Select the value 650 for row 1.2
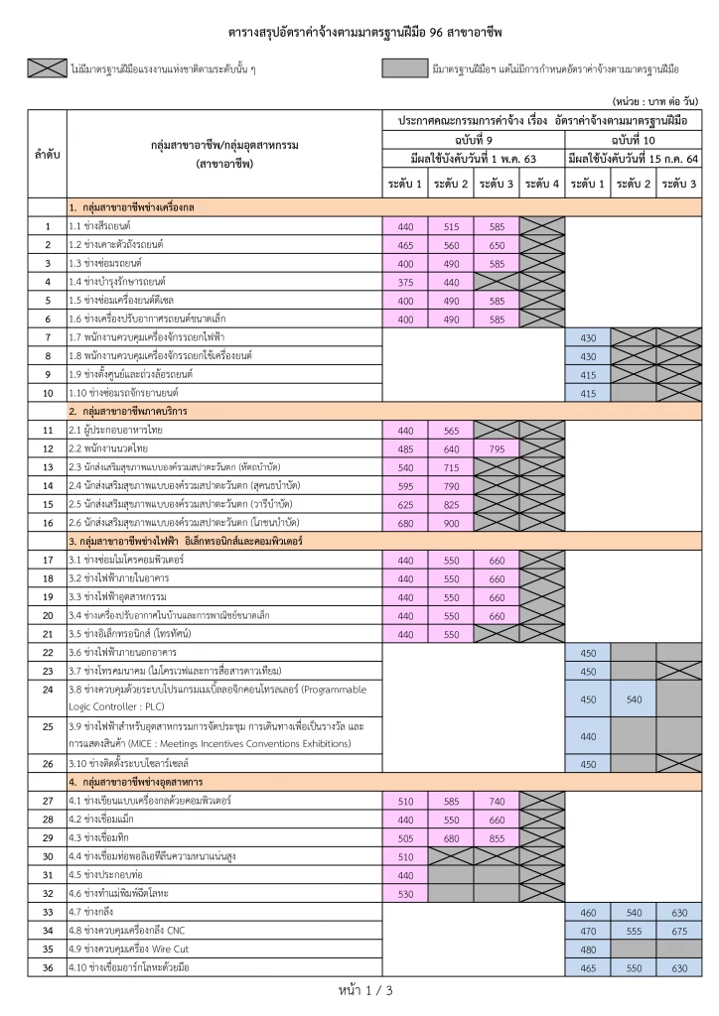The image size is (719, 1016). pyautogui.click(x=497, y=244)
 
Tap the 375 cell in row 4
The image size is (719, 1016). pyautogui.click(x=405, y=282)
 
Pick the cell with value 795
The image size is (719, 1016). pyautogui.click(x=497, y=448)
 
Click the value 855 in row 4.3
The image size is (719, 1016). pyautogui.click(x=497, y=837)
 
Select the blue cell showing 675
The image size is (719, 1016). pyautogui.click(x=679, y=931)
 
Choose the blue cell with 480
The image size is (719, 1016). pyautogui.click(x=587, y=949)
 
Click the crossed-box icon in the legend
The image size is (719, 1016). pyautogui.click(x=47, y=68)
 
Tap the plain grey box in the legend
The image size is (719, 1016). pyautogui.click(x=403, y=68)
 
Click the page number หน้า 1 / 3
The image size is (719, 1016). pyautogui.click(x=359, y=990)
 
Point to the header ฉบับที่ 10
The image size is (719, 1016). pyautogui.click(x=633, y=141)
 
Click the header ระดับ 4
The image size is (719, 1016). pyautogui.click(x=542, y=184)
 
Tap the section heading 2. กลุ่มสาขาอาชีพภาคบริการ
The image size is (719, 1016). pyautogui.click(x=129, y=411)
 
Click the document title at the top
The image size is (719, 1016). pyautogui.click(x=359, y=32)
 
